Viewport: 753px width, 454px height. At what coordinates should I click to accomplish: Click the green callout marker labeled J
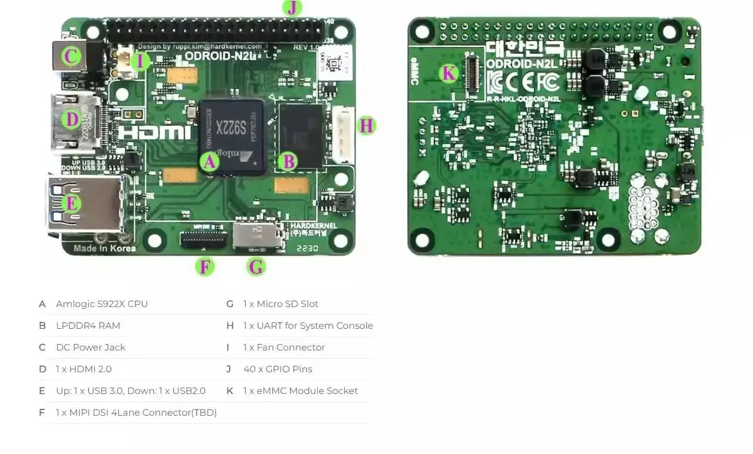[292, 8]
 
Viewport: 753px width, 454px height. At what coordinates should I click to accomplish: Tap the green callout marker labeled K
[449, 73]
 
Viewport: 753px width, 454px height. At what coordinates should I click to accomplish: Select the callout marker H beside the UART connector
[366, 125]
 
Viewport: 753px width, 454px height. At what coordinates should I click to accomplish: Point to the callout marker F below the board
[204, 266]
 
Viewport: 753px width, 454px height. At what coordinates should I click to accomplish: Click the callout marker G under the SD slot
[256, 266]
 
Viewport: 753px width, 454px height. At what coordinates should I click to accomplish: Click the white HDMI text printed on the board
[155, 133]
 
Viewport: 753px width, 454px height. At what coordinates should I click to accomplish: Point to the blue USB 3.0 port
[86, 204]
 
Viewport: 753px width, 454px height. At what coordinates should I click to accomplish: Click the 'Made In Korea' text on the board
[105, 248]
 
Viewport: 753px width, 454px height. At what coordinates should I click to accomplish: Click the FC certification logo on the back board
[548, 83]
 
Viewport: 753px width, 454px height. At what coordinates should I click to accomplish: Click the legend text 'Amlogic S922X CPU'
[102, 304]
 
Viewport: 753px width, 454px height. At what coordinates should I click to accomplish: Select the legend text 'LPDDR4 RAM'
[88, 325]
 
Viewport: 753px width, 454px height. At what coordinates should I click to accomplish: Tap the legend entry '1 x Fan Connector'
[284, 347]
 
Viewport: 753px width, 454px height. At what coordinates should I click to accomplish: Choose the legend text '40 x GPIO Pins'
[278, 369]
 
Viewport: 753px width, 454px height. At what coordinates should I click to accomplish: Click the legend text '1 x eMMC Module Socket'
[300, 391]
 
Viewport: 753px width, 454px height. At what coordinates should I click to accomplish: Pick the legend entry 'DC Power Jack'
[90, 347]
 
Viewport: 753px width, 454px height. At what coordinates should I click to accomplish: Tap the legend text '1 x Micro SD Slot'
[280, 304]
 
